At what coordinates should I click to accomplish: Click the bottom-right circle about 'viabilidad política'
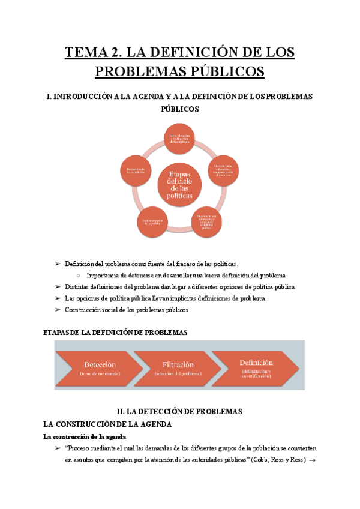(x=208, y=221)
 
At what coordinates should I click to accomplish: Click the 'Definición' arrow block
(x=255, y=366)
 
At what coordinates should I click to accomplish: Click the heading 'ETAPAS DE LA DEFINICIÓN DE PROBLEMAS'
(x=116, y=333)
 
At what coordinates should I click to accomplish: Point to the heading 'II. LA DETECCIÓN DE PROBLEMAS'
(x=180, y=412)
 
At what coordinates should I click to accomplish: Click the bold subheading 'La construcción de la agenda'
(x=88, y=436)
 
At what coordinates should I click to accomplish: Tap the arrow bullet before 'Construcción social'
(x=58, y=310)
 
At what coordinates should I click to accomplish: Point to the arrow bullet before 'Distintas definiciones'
(x=58, y=287)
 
